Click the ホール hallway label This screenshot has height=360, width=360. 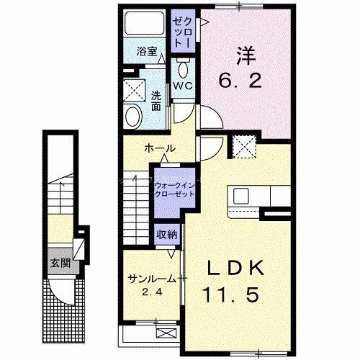click(x=159, y=148)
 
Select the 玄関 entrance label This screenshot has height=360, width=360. click(x=59, y=262)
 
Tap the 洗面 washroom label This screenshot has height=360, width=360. click(x=156, y=100)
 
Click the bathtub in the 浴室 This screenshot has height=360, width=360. click(x=144, y=27)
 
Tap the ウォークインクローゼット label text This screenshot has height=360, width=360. click(x=170, y=189)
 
